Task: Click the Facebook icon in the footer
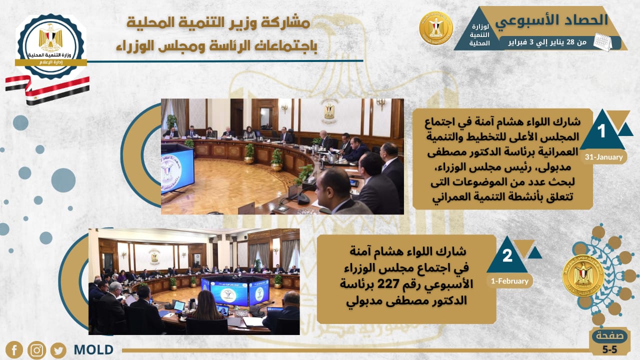14,349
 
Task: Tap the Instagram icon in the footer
36,350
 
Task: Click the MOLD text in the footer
93,349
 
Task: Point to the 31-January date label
603,157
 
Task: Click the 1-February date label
509,281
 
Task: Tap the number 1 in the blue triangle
601,131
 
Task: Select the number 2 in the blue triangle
507,255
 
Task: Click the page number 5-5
610,349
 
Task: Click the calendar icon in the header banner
602,42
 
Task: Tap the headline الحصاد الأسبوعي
551,20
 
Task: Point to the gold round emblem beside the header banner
436,28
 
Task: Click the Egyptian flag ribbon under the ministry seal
47,88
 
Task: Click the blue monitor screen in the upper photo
177,168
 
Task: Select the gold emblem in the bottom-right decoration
583,275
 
